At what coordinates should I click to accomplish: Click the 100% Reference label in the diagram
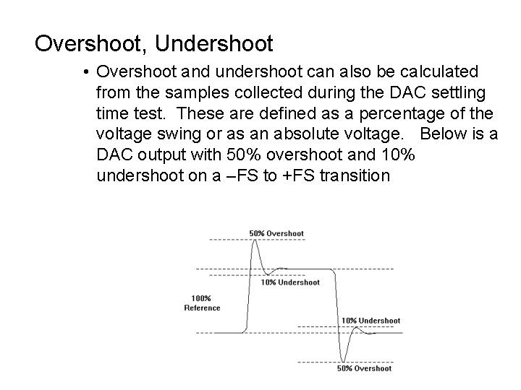(202, 303)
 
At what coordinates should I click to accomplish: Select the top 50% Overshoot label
(276, 233)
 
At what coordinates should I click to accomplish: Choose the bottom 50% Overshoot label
(364, 368)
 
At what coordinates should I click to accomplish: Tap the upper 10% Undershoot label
(290, 282)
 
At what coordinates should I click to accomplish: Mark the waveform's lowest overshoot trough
(345, 360)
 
